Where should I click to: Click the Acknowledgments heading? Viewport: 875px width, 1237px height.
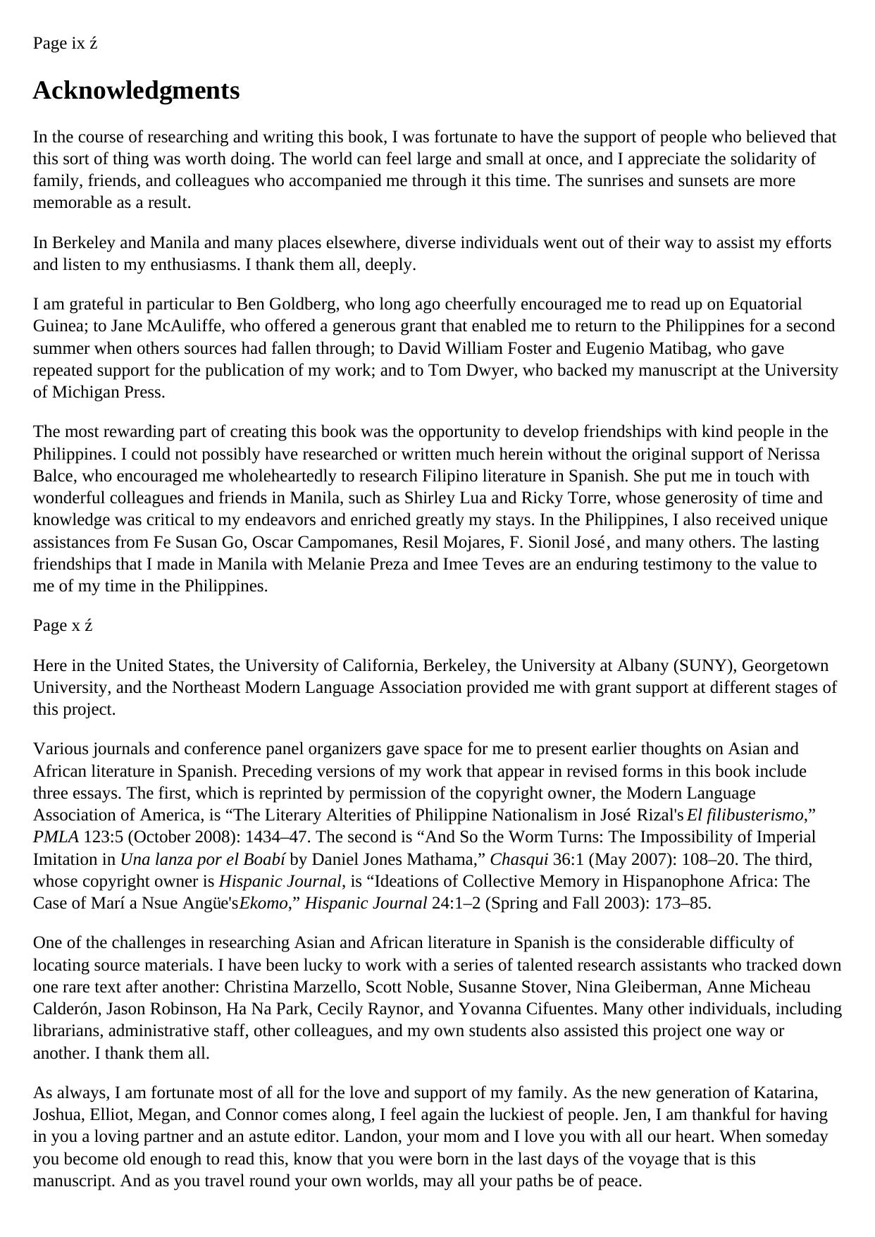136,91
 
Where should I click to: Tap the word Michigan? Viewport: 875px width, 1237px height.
87,393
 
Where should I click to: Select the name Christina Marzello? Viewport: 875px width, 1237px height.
289,987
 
